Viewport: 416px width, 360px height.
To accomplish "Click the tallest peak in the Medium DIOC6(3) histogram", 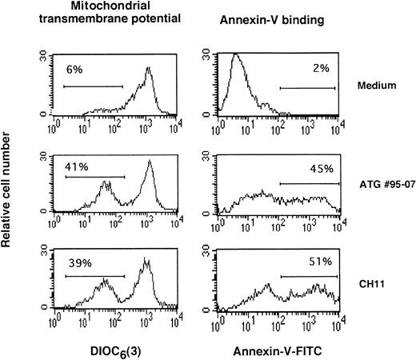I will point(148,68).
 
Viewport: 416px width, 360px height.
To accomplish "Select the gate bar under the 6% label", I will point(93,86).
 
